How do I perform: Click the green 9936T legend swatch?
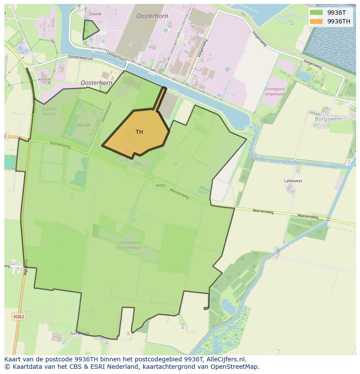tap(316, 13)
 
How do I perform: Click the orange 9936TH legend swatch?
tap(316, 21)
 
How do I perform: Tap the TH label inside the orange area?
tap(139, 132)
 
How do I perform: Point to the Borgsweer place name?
tap(328, 119)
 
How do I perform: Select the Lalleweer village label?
tap(293, 181)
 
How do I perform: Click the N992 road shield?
tap(160, 185)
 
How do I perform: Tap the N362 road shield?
tap(19, 317)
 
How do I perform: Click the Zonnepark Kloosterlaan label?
tap(129, 245)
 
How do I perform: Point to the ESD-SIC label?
tap(83, 125)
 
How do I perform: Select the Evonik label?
tap(95, 14)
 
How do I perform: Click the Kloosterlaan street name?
tap(104, 112)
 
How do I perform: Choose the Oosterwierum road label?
tap(80, 57)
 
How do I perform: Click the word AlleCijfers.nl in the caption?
tap(226, 359)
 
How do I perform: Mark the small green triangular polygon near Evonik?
tap(90, 30)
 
